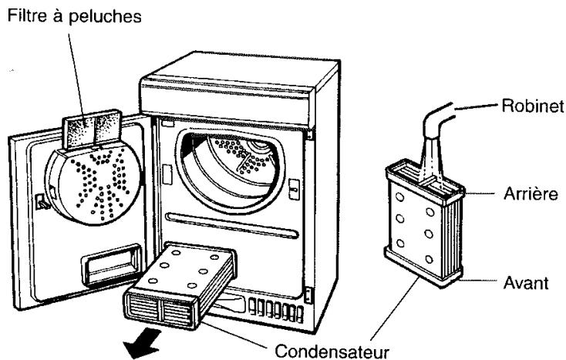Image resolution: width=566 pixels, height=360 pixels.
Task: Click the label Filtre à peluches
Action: [74, 17]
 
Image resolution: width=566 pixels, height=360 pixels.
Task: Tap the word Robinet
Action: [532, 106]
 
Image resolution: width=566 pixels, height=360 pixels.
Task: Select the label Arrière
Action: [531, 194]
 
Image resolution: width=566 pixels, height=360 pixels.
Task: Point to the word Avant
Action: [526, 283]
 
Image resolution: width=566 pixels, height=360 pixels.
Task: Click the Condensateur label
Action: [332, 351]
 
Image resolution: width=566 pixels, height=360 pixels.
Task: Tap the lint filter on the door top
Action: [92, 130]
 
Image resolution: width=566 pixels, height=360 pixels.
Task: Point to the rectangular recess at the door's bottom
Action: [111, 264]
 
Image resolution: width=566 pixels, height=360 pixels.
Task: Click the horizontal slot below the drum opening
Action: [232, 226]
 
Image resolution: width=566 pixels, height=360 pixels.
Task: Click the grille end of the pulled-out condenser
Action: [160, 309]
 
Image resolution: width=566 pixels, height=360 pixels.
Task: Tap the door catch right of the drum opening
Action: [295, 189]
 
